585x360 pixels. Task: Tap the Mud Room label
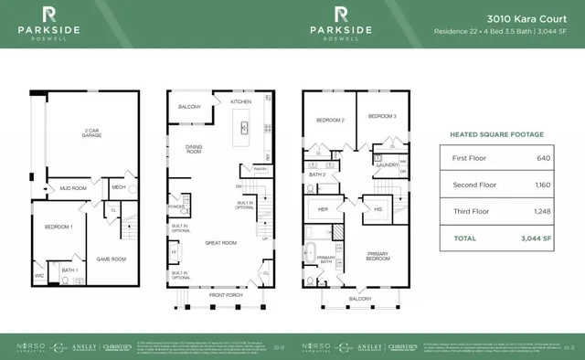75,188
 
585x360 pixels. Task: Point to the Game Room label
111,259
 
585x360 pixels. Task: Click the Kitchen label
240,102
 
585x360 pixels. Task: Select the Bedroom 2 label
330,120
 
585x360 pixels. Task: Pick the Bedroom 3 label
382,116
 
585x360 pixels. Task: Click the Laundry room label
386,165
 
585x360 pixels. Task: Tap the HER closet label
323,208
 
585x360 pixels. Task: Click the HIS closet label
377,208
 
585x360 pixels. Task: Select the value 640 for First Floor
543,159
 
